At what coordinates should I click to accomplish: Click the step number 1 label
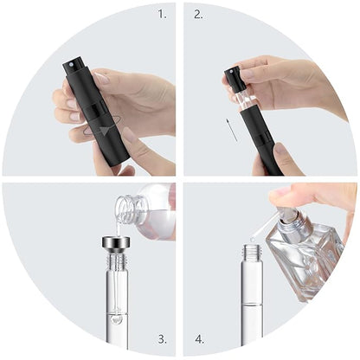pyautogui.click(x=161, y=15)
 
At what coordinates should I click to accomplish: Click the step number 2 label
pyautogui.click(x=198, y=15)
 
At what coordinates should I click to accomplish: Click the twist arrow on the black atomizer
pyautogui.click(x=106, y=130)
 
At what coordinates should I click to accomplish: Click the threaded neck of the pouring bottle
pyautogui.click(x=126, y=208)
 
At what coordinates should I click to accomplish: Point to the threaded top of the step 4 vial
pyautogui.click(x=252, y=255)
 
